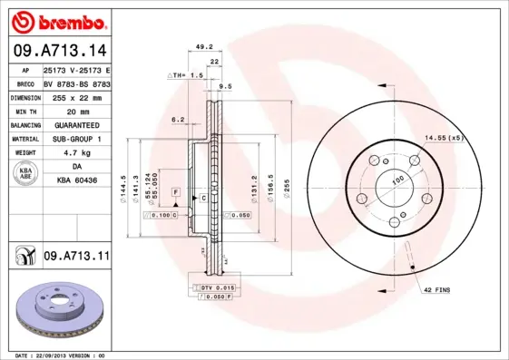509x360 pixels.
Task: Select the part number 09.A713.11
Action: coord(75,258)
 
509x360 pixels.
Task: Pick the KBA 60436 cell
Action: coord(76,181)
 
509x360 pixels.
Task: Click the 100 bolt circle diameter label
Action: coord(396,181)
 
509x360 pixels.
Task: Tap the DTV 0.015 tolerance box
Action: coord(211,287)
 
